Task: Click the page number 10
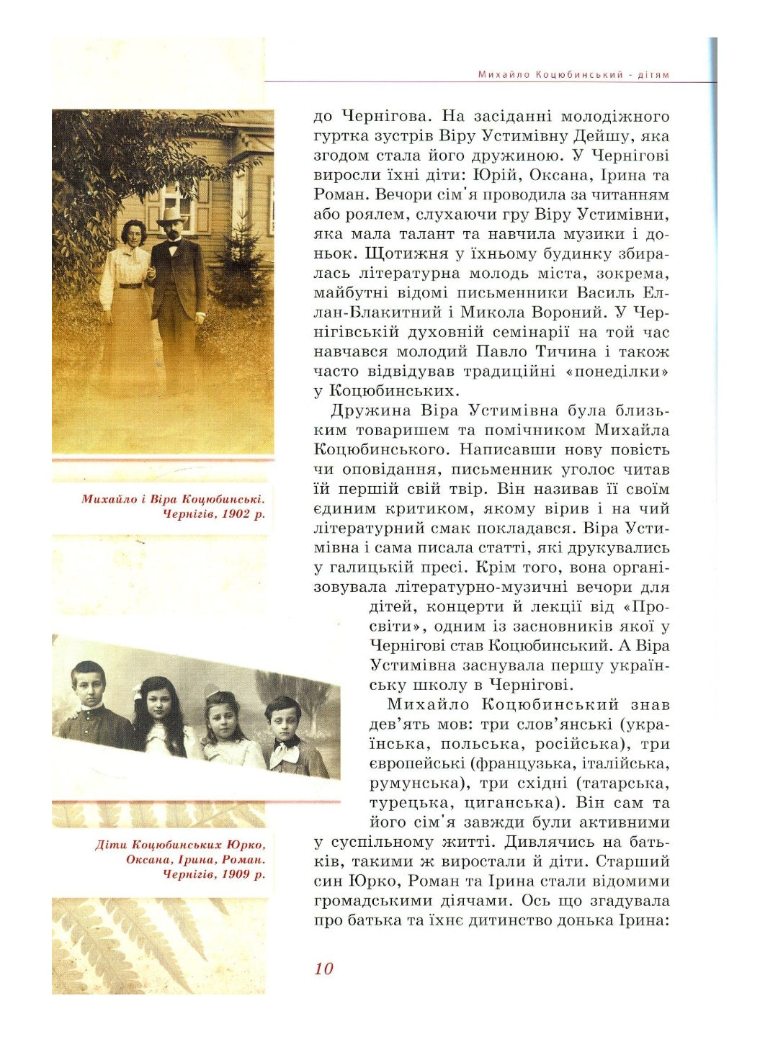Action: pos(323,969)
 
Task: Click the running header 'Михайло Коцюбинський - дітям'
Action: pos(573,75)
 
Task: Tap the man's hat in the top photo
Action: pos(171,215)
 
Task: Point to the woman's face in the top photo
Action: pos(133,233)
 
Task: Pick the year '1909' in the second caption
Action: pos(235,874)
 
